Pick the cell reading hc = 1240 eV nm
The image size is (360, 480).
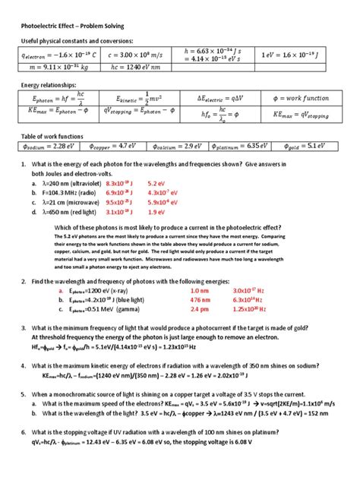(x=136, y=68)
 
